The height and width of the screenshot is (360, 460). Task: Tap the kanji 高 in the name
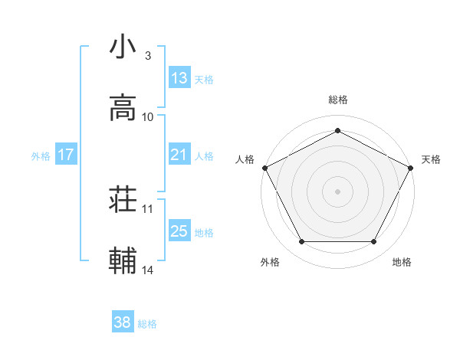pos(123,107)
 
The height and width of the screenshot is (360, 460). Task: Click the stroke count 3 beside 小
pos(147,56)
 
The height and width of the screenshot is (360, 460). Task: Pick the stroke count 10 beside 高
pos(148,117)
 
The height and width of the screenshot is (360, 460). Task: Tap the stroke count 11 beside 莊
pos(148,208)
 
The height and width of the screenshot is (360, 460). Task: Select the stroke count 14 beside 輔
pos(148,270)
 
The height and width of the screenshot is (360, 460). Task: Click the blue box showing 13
pos(179,77)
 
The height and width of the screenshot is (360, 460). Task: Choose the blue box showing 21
pos(179,155)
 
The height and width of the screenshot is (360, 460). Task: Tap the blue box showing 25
pos(179,231)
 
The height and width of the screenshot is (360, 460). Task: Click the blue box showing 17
pos(66,155)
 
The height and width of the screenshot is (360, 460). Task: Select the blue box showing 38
pos(122,323)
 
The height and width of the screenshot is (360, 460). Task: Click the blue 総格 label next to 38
pos(147,325)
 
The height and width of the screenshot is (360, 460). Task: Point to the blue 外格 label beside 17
pos(41,156)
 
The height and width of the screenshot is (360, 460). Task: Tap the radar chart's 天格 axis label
pos(431,159)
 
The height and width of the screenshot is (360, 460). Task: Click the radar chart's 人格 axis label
pos(245,159)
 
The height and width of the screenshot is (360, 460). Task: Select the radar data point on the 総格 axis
pos(337,130)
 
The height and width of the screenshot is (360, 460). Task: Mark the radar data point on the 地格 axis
pos(374,242)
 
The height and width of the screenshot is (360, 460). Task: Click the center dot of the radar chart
pos(337,191)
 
